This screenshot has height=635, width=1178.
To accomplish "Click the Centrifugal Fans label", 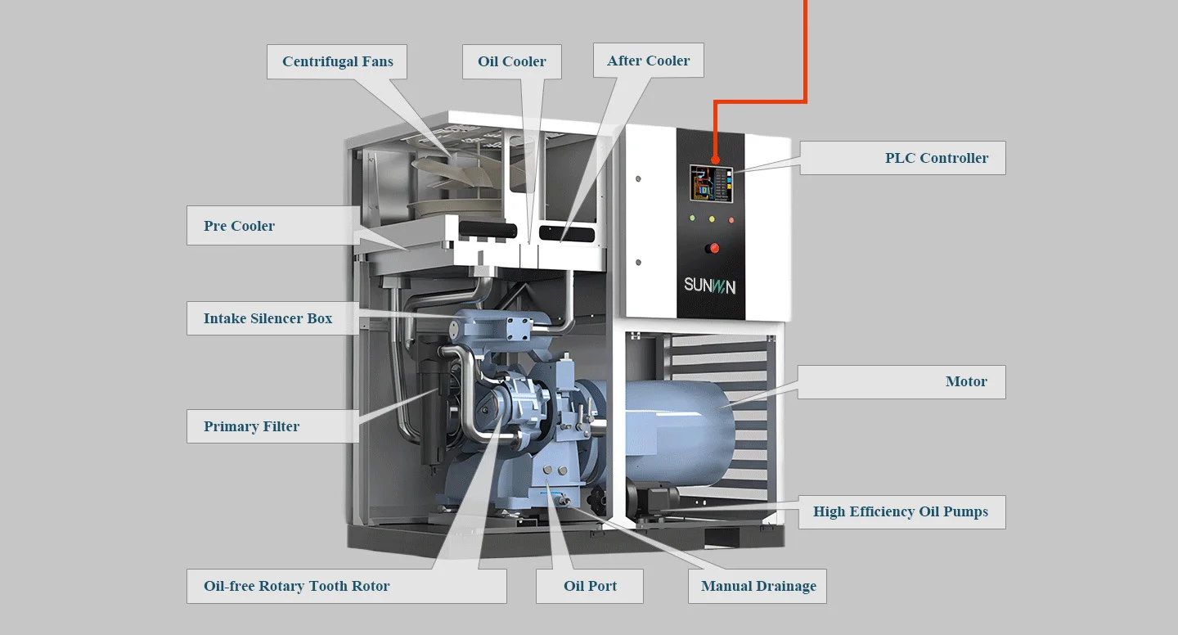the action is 337,62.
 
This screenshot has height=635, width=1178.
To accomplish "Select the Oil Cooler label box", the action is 511,62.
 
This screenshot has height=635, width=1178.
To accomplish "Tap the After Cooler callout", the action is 648,61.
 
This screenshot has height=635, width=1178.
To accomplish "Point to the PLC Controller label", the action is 902,158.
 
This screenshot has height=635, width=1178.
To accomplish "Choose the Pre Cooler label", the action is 272,226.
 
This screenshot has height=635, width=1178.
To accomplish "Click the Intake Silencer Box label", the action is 272,318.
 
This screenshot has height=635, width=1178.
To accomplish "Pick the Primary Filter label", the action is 272,426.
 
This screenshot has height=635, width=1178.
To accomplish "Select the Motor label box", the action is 901,382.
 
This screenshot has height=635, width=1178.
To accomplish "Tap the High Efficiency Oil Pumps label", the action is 901,512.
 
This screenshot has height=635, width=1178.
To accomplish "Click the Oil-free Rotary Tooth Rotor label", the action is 346,587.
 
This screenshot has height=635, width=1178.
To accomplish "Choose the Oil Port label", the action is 590,587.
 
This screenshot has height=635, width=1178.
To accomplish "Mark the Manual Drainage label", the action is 758,587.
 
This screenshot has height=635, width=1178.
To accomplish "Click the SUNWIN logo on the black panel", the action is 710,286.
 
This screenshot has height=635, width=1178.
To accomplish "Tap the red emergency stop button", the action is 713,248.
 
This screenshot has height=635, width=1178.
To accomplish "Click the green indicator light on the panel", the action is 692,218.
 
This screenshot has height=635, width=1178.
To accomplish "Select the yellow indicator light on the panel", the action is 712,219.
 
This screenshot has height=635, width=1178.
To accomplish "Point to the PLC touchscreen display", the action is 710,184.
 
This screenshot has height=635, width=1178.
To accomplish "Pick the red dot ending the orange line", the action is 716,160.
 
